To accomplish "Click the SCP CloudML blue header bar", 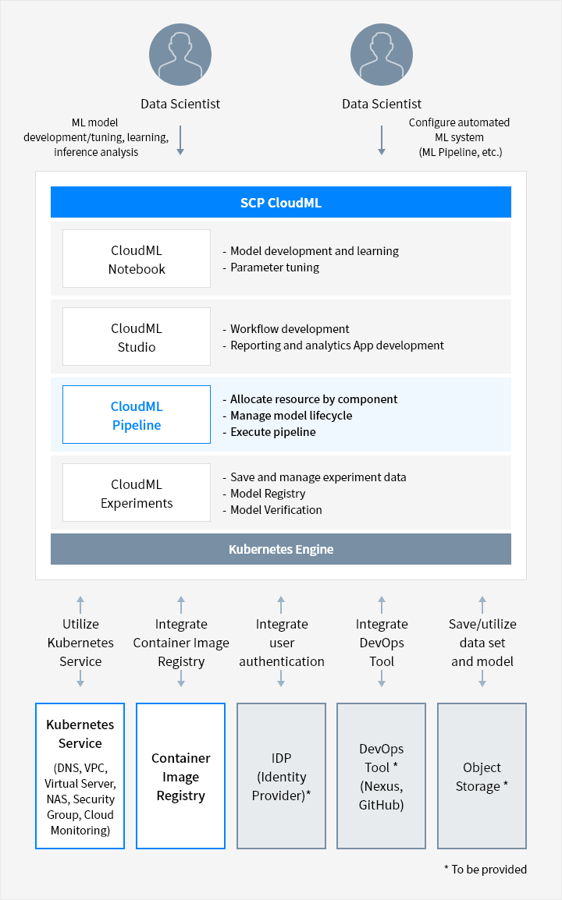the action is [280, 202].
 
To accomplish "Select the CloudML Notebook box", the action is [136, 258].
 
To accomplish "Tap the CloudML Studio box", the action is [136, 336].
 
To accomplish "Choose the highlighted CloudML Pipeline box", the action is [136, 414].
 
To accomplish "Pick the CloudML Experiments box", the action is [136, 492].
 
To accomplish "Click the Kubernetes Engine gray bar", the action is [280, 549].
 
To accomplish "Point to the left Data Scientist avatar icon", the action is [180, 55].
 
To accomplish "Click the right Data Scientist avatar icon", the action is [382, 55].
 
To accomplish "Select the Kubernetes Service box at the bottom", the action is [80, 776].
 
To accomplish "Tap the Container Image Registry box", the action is [180, 776].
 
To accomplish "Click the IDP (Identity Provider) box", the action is [281, 776].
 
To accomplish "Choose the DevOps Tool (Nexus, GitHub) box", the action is [382, 776].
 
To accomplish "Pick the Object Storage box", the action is [482, 776].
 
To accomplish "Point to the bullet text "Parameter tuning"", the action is [275, 268].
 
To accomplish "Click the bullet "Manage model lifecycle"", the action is [291, 416].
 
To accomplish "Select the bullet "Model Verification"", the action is [276, 510].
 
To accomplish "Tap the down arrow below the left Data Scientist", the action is [180, 140].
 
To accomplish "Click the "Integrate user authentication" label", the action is [282, 643].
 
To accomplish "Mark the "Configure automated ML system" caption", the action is [460, 137].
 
